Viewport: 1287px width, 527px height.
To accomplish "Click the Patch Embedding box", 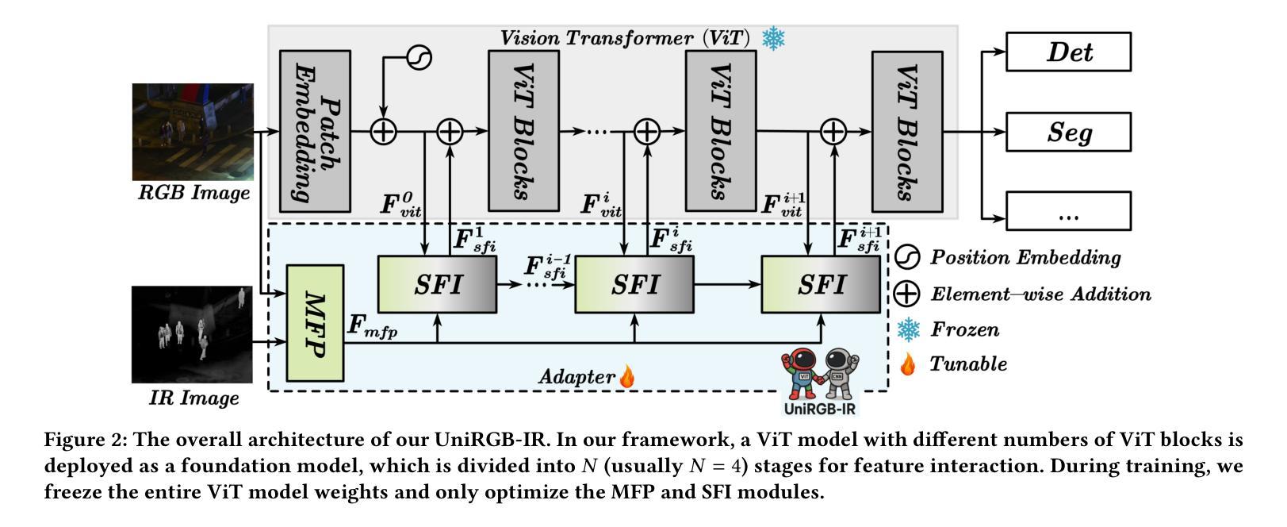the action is click(315, 131).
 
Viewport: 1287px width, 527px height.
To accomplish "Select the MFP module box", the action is click(315, 323).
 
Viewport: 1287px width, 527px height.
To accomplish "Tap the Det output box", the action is click(1068, 52).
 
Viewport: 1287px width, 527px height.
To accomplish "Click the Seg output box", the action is click(1068, 132).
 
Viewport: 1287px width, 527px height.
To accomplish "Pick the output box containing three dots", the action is click(1068, 211).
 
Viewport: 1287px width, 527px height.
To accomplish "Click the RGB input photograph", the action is click(193, 132).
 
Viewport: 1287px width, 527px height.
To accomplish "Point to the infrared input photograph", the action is click(192, 334).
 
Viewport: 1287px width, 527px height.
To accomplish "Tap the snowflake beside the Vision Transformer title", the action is click(773, 38).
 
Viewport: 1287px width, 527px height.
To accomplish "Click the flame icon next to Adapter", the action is click(627, 375).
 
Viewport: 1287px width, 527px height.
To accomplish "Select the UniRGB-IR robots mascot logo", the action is click(820, 380).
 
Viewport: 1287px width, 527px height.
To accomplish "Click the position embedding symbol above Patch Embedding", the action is click(419, 58).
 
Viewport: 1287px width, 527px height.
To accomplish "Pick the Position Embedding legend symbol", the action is click(907, 257).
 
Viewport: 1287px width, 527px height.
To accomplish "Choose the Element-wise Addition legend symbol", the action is click(907, 294).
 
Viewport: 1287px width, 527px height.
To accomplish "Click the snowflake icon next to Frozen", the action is click(909, 329).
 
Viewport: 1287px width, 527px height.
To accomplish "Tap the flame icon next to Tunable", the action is click(908, 364).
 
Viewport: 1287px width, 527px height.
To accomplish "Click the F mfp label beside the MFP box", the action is click(373, 326).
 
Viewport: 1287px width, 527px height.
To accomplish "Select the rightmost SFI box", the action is click(821, 285).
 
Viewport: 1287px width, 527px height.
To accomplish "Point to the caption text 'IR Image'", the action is click(194, 398).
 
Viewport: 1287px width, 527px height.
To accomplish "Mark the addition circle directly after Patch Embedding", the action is click(383, 132).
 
